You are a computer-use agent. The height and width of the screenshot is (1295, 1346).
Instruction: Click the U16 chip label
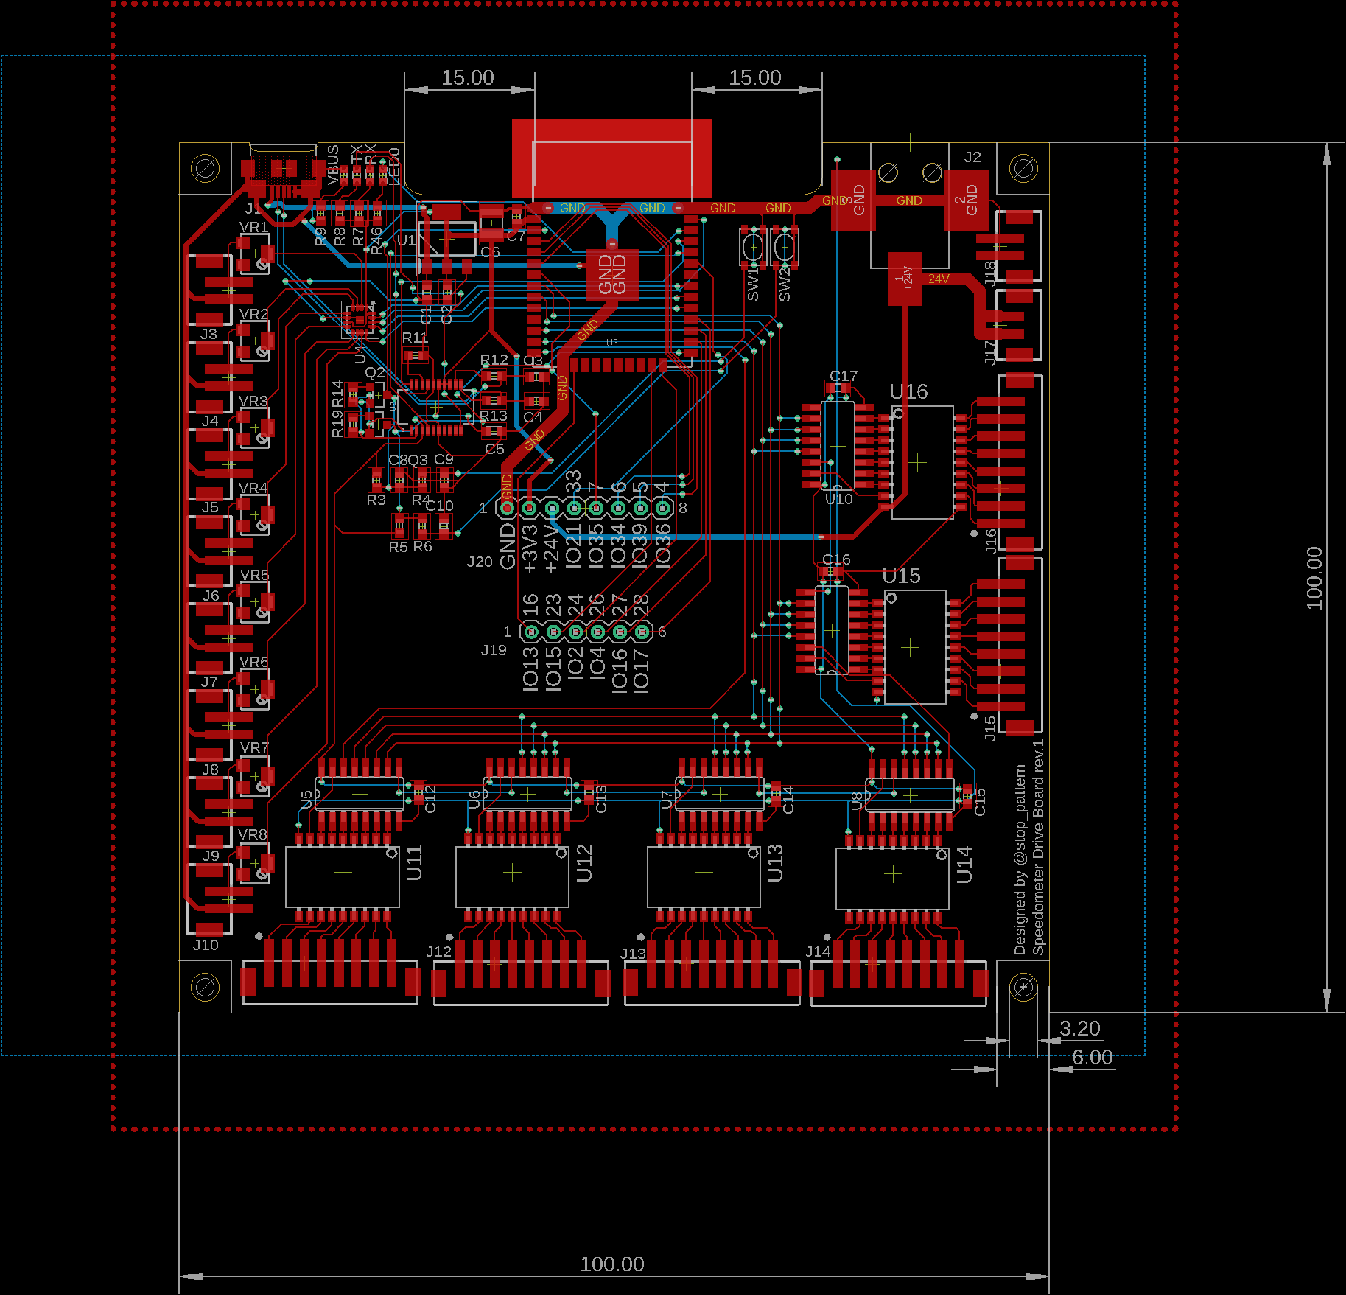[x=908, y=392]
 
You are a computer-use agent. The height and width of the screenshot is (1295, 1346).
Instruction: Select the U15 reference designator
[x=902, y=576]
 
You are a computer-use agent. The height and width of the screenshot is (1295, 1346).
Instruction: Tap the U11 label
[x=414, y=862]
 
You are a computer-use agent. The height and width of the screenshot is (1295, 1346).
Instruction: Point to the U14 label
[x=964, y=865]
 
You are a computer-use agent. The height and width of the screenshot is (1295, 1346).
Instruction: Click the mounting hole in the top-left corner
[x=205, y=169]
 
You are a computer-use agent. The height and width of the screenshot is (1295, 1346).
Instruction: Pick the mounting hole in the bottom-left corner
[x=205, y=987]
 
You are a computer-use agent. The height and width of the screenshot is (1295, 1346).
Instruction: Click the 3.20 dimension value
[x=1079, y=1028]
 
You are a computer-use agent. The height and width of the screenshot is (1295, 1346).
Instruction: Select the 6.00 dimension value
[x=1092, y=1057]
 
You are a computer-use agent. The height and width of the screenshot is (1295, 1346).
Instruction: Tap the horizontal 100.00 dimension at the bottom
[x=611, y=1264]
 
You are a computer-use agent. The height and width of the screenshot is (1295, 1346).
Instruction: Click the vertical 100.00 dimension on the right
[x=1314, y=578]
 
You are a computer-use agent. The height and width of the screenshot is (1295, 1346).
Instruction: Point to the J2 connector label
[x=972, y=157]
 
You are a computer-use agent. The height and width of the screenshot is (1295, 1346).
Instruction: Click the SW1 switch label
[x=752, y=285]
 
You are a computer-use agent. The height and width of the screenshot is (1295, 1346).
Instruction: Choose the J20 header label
[x=480, y=562]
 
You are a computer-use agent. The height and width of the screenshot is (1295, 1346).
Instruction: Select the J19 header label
[x=494, y=650]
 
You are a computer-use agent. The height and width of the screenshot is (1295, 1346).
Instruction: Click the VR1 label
[x=253, y=227]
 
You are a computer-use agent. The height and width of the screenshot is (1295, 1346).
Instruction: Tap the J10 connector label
[x=206, y=945]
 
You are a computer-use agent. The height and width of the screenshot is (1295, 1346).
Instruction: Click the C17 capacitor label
[x=844, y=376]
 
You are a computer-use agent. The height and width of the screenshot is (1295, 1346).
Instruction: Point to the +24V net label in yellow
[x=935, y=279]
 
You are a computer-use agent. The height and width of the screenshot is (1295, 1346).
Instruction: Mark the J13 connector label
[x=633, y=954]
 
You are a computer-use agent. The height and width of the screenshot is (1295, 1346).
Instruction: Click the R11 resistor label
[x=415, y=338]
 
